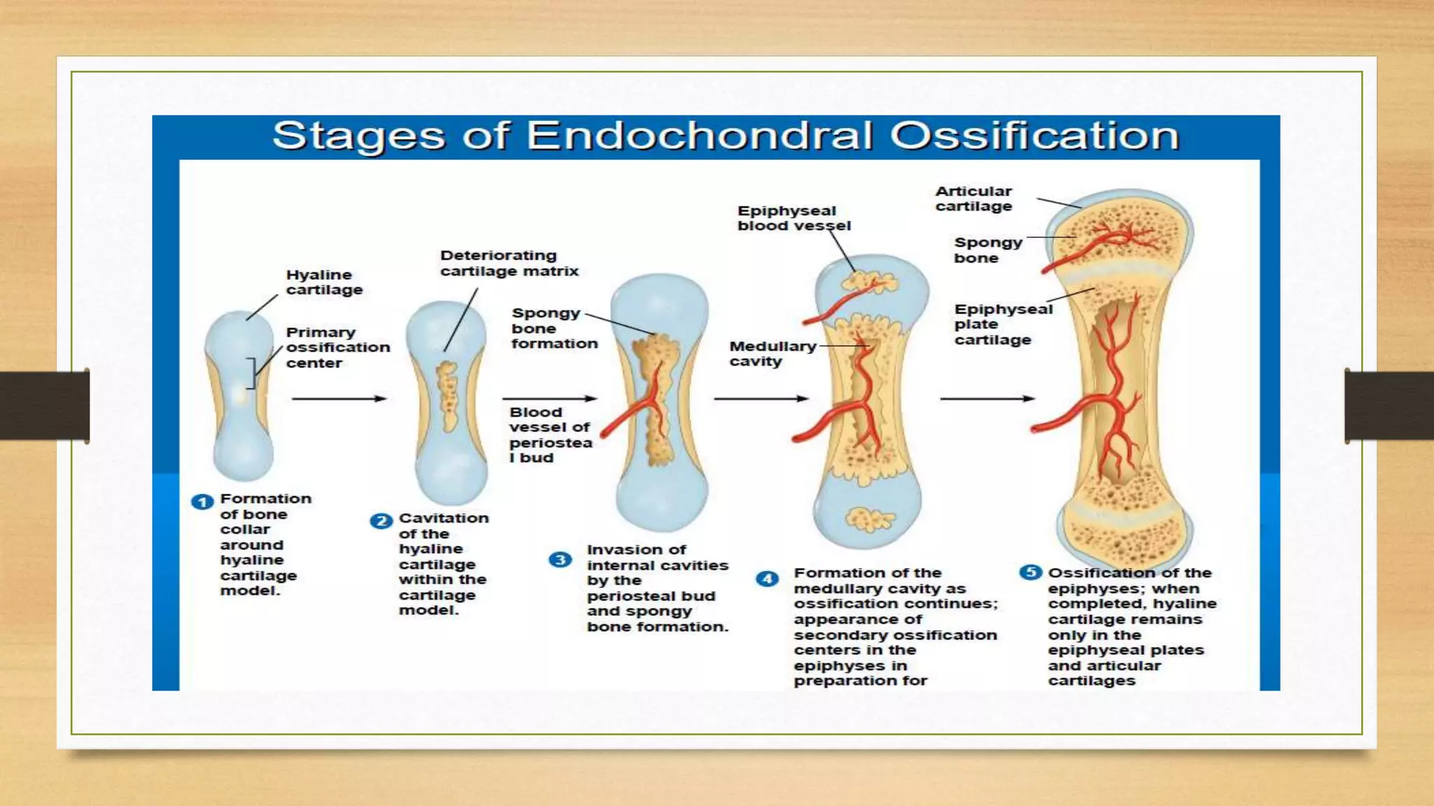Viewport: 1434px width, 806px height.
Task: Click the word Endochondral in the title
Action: point(699,136)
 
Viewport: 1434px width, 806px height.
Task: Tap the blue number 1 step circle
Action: point(202,502)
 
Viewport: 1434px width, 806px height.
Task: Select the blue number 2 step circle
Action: point(381,521)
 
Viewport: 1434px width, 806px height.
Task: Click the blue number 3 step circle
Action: point(560,560)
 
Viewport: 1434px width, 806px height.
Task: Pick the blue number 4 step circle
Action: point(767,579)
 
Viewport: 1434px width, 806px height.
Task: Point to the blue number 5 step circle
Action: point(1030,572)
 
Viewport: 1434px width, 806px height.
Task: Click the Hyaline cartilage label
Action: point(323,282)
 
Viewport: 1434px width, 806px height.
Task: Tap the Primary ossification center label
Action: point(337,347)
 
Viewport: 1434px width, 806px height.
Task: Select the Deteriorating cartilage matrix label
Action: point(509,263)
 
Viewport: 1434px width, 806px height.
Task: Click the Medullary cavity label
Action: point(772,353)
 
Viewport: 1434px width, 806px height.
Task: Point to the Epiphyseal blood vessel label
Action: point(793,218)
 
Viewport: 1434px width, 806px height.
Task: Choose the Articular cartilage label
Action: point(973,199)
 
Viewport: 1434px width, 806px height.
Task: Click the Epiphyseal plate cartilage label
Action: point(1002,324)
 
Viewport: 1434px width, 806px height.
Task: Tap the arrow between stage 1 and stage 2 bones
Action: point(339,399)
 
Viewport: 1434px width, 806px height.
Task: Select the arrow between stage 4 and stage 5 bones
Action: point(987,399)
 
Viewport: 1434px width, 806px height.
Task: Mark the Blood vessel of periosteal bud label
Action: point(550,434)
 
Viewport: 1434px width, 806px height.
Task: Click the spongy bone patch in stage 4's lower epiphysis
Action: point(869,519)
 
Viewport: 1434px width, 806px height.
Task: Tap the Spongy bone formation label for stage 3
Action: point(553,328)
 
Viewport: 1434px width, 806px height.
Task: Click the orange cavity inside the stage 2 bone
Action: point(447,396)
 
